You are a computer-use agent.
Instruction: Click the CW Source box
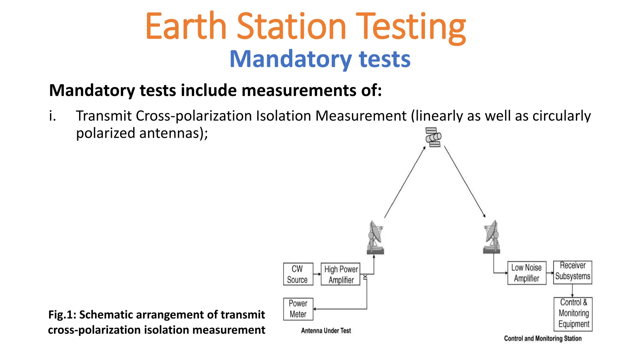click(298, 274)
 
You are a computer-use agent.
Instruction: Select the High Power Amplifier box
click(340, 274)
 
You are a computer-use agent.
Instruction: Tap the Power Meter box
click(298, 309)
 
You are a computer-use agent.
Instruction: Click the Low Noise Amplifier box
click(527, 273)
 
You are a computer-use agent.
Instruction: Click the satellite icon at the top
click(433, 137)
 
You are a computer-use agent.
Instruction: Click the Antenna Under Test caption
click(326, 331)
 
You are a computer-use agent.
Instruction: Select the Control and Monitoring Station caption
click(542, 338)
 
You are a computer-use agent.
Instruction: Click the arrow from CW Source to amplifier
click(317, 274)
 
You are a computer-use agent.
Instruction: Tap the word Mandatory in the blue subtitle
click(291, 59)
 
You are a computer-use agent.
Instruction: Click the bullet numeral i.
click(52, 116)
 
